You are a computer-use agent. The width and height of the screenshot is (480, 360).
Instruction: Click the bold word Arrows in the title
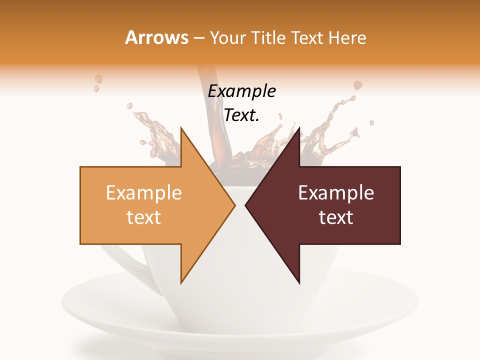pos(157,38)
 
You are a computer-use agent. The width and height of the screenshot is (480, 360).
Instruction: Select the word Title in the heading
pos(268,38)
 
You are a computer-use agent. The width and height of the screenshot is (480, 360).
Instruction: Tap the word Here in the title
pos(347,38)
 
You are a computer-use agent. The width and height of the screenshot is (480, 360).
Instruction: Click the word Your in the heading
pos(227,38)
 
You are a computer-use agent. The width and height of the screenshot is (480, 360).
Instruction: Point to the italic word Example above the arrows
pos(241,91)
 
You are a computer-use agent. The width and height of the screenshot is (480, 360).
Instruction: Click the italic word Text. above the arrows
pos(241,115)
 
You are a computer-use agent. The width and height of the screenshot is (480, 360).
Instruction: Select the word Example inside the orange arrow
pos(143,193)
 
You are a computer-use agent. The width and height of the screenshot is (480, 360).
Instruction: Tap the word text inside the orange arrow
pos(143,217)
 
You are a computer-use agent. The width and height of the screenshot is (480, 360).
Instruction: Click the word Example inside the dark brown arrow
pos(336,193)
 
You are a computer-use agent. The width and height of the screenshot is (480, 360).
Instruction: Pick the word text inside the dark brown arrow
pos(336,217)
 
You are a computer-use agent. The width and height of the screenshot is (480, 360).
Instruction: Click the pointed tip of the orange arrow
pos(234,205)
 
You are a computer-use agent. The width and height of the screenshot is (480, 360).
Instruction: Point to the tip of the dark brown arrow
pos(246,205)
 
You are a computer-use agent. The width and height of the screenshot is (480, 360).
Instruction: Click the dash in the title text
pos(198,38)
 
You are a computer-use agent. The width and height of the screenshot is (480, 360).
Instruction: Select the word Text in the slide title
pos(307,38)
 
